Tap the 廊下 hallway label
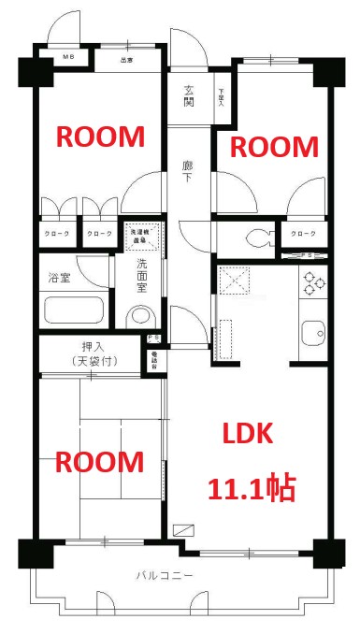pyautogui.click(x=188, y=170)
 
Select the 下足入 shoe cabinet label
pyautogui.click(x=222, y=97)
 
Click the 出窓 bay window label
pyautogui.click(x=125, y=62)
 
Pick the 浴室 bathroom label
pyautogui.click(x=59, y=277)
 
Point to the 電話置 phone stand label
pyautogui.click(x=154, y=357)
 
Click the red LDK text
pyautogui.click(x=247, y=434)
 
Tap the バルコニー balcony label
pyautogui.click(x=165, y=576)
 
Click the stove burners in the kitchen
pyautogui.click(x=310, y=281)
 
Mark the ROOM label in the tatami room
pyautogui.click(x=100, y=462)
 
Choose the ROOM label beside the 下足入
pyautogui.click(x=274, y=147)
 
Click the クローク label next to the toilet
pyautogui.click(x=303, y=233)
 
